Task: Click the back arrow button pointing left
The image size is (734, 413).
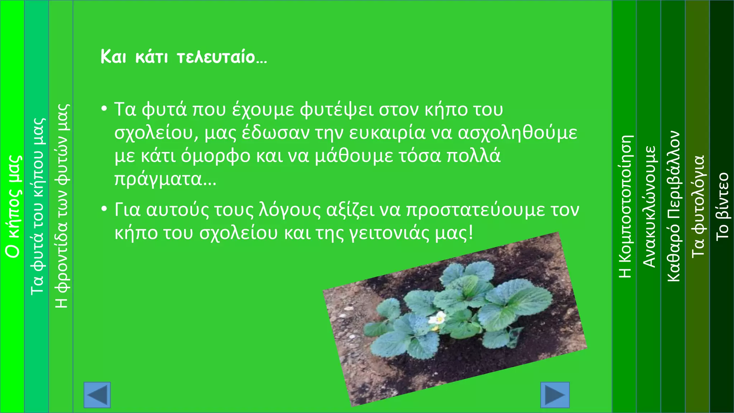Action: (97, 395)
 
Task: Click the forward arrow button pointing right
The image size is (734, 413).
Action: (555, 395)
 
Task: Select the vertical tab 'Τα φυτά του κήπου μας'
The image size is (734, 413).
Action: (37, 206)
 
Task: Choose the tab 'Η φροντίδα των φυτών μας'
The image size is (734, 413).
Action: (61, 206)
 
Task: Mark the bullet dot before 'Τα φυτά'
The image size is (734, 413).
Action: (104, 108)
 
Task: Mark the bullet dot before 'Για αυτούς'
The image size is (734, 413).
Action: (104, 209)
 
